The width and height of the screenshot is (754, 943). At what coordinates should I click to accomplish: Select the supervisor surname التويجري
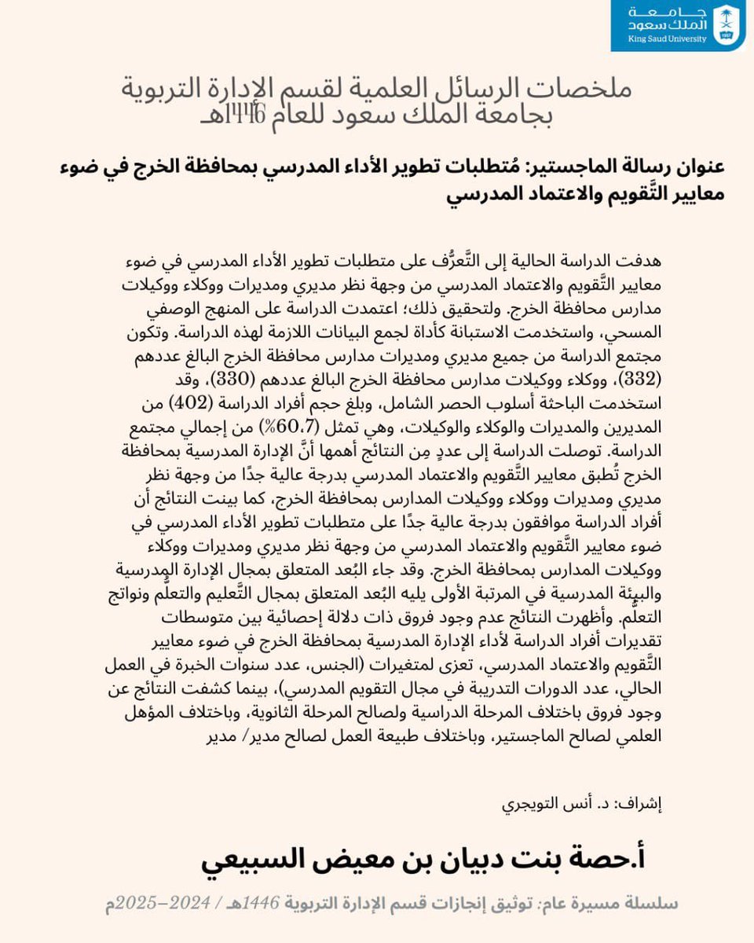point(535,805)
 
